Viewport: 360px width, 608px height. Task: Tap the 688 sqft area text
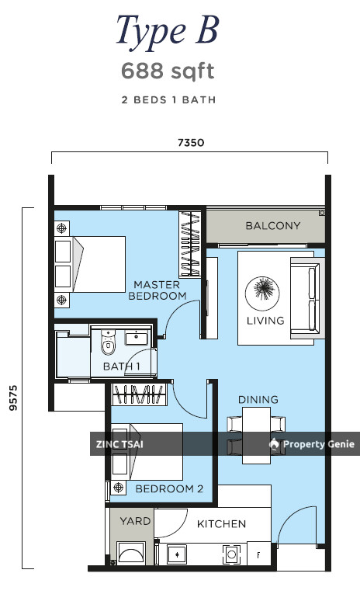click(168, 71)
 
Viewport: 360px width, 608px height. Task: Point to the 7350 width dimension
click(191, 143)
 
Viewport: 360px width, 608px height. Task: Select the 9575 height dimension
click(13, 398)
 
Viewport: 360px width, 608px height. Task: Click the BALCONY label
click(273, 226)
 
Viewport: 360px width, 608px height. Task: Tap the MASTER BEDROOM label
click(157, 290)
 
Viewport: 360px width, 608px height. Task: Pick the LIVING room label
click(265, 321)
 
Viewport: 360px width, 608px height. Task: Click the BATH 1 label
click(122, 366)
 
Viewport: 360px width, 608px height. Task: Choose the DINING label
click(258, 399)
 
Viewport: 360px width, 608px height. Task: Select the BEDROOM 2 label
click(169, 488)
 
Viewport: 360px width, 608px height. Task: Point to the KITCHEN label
click(221, 524)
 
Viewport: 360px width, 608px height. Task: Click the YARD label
click(135, 521)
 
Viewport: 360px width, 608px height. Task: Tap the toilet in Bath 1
click(108, 342)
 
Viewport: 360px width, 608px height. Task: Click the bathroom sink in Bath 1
click(136, 337)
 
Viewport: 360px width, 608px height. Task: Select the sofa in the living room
click(307, 298)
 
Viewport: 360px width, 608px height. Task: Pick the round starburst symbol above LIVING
click(262, 293)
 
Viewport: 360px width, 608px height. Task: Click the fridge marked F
click(258, 555)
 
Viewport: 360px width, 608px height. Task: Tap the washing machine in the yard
click(131, 553)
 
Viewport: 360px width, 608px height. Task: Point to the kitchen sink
click(177, 554)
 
